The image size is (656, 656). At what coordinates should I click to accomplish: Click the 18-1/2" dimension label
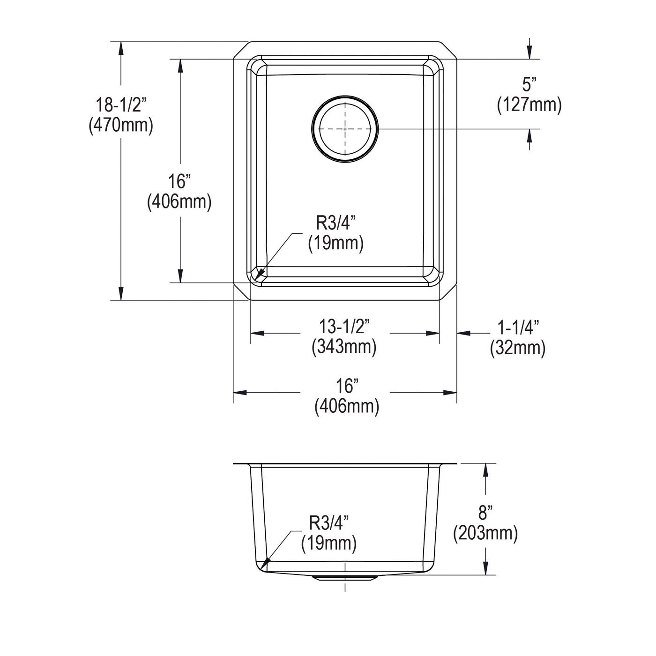pos(120,104)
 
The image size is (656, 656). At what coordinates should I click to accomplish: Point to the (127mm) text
pos(529,105)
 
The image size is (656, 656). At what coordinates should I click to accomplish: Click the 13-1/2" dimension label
pos(344,327)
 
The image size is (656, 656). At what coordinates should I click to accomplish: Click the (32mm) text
pos(518,348)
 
